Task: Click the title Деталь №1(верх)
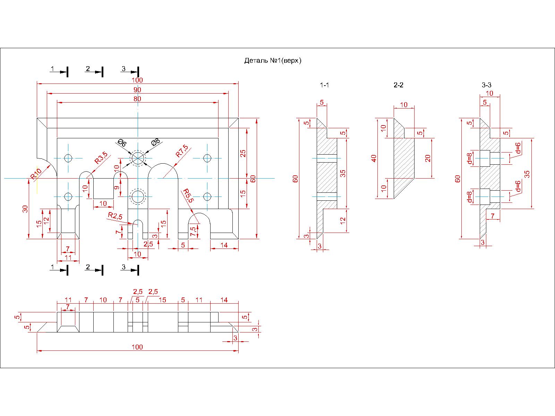[273, 61]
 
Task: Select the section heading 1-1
[324, 85]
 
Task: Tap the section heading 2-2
[398, 85]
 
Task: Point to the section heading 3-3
[486, 85]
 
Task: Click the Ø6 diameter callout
[122, 143]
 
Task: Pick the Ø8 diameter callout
[156, 142]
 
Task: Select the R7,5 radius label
[182, 151]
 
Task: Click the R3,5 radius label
[101, 158]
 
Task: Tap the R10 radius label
[36, 174]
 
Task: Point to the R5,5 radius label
[188, 195]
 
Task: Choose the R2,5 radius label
[115, 216]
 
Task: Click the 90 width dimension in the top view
[137, 90]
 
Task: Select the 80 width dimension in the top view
[137, 99]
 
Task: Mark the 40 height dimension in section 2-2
[374, 158]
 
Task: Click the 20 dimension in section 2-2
[428, 158]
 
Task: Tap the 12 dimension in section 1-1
[343, 220]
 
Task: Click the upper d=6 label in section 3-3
[518, 148]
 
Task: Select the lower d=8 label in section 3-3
[470, 197]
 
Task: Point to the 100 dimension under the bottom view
[137, 347]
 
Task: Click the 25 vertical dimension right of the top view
[243, 153]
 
